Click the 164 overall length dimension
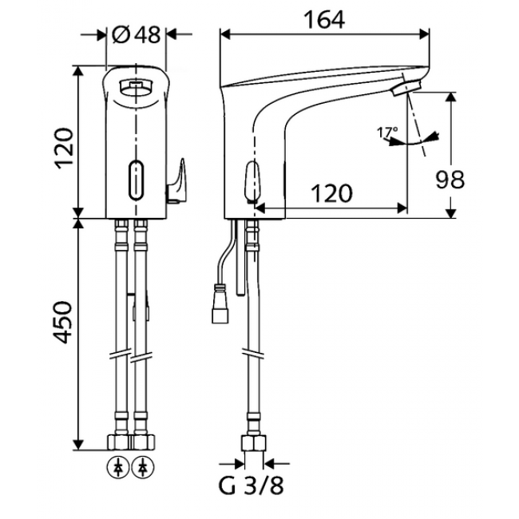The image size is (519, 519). click(326, 22)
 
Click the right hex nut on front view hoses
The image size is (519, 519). click(144, 442)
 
